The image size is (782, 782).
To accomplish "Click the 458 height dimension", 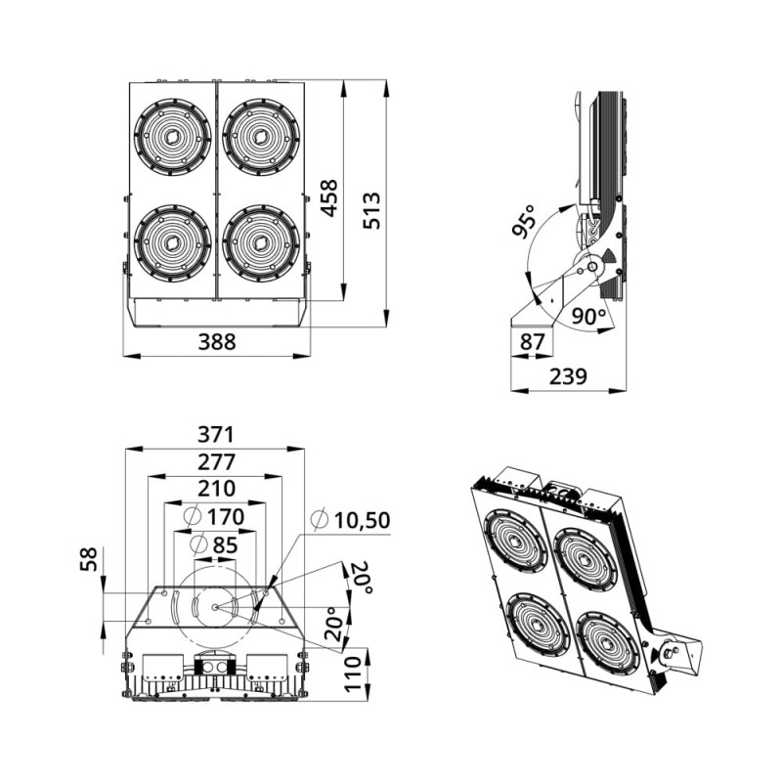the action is pos(328,198).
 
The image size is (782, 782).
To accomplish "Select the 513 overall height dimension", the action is pos(371,210).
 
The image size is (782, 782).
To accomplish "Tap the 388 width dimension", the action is pos(217,342).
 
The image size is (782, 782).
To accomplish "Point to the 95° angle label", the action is pos(524,221).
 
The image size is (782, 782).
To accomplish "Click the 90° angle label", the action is pos(588,316).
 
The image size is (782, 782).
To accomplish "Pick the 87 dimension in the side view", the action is pos(532,342).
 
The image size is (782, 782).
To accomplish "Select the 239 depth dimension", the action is pos(569,376).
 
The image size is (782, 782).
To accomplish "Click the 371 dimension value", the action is pos(215,434).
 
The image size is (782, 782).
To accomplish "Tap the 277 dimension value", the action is pos(216,462).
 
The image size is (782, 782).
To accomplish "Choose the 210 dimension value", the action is pos(216,489).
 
